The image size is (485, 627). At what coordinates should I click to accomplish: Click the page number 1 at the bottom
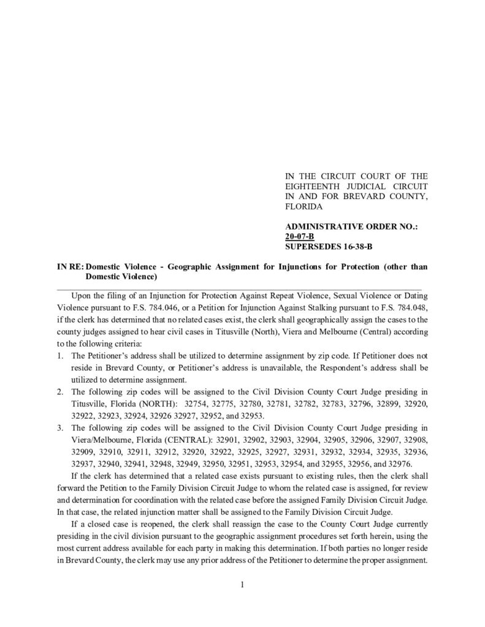(x=242, y=585)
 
